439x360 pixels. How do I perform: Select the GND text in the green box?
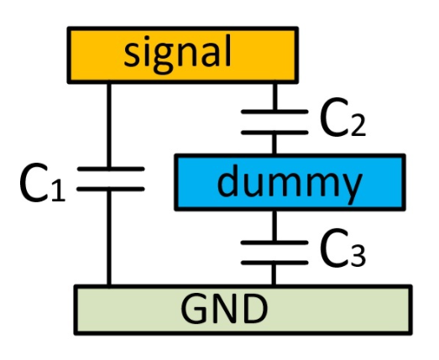coord(224,309)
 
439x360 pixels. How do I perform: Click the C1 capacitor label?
coord(43,182)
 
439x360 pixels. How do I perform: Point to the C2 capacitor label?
coord(343,117)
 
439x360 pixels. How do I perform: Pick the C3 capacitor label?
coord(343,248)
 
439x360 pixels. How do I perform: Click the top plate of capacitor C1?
coord(111,169)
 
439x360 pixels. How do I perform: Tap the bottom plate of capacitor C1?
coord(111,190)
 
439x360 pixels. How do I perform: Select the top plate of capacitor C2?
coord(274,112)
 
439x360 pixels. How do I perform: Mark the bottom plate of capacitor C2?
coord(274,132)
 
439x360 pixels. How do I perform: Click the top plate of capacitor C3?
coord(274,243)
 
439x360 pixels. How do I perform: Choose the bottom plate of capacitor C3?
coord(274,263)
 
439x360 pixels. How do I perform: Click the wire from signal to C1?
coord(109,125)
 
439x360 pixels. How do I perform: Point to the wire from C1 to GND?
coord(109,238)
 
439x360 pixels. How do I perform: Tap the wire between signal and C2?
coord(275,97)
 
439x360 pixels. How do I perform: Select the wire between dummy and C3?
coord(274,226)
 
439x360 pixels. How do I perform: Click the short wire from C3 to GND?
coord(274,275)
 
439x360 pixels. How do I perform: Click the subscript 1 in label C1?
coord(58,191)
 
